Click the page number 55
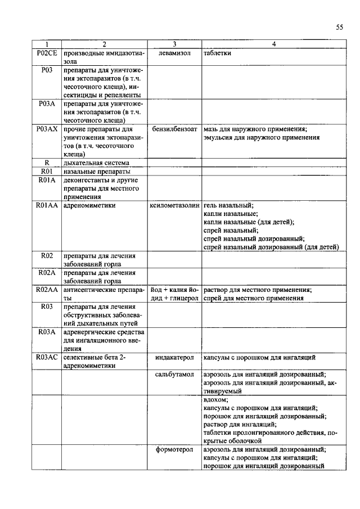click(339, 26)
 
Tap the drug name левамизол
click(174, 53)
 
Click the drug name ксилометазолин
click(174, 206)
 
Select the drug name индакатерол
click(174, 357)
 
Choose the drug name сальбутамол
click(174, 374)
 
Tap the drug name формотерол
click(174, 450)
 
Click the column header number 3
click(174, 45)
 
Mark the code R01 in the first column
click(47, 171)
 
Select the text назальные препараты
click(97, 171)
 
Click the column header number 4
click(273, 45)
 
